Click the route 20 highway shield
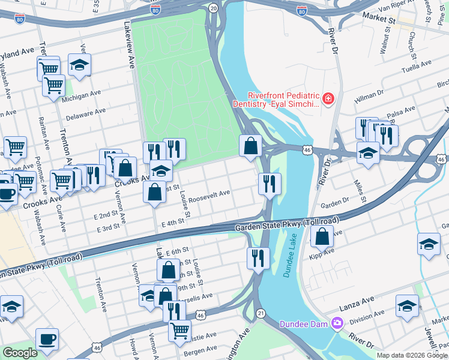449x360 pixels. point(213,8)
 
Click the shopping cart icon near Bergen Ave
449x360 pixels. point(179,330)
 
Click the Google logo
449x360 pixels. point(20,353)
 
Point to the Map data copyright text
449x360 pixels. point(412,355)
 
